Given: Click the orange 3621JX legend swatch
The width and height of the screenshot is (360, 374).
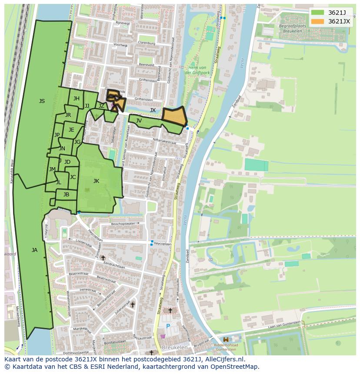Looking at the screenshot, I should (x=318, y=21).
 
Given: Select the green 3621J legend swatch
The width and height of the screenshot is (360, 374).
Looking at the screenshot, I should (x=318, y=13).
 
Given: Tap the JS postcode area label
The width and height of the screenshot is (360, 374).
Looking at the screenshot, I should (x=42, y=101).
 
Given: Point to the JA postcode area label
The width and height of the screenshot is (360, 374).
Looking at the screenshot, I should (x=34, y=250).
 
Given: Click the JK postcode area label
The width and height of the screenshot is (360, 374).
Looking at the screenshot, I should (x=96, y=181).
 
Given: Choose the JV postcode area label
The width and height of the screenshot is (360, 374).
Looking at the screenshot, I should (x=139, y=121).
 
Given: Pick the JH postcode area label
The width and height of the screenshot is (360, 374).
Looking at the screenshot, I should (x=77, y=99).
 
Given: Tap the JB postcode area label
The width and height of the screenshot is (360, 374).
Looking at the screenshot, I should (x=66, y=195).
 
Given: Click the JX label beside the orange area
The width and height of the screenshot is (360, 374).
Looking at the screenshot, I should (x=153, y=110).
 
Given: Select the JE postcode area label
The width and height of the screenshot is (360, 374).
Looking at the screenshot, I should (x=71, y=130).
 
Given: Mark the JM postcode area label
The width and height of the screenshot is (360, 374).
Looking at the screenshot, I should (x=52, y=169).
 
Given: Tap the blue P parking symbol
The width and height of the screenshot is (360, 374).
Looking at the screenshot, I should (x=168, y=326).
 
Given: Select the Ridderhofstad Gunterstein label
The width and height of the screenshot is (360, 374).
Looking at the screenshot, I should (x=226, y=346).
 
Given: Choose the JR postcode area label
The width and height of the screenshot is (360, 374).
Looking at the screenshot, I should (x=68, y=115).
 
